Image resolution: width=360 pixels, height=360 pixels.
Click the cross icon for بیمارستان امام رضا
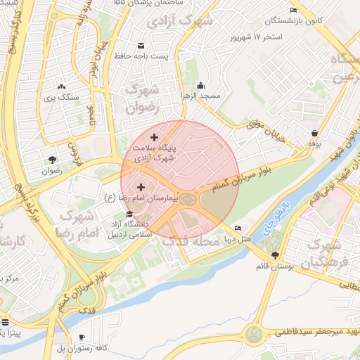tap(141, 187)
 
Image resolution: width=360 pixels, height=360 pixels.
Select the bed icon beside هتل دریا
tap(238, 229)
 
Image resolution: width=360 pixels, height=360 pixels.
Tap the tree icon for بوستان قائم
tap(274, 256)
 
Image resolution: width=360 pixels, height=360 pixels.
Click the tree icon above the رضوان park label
tap(53, 159)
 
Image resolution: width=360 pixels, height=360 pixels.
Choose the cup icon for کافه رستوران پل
tap(82, 337)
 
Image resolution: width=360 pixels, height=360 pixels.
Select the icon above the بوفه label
tap(314, 132)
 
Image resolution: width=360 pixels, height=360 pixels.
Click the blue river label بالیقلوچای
tap(279, 224)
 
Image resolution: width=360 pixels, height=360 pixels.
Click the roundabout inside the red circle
tap(188, 200)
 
